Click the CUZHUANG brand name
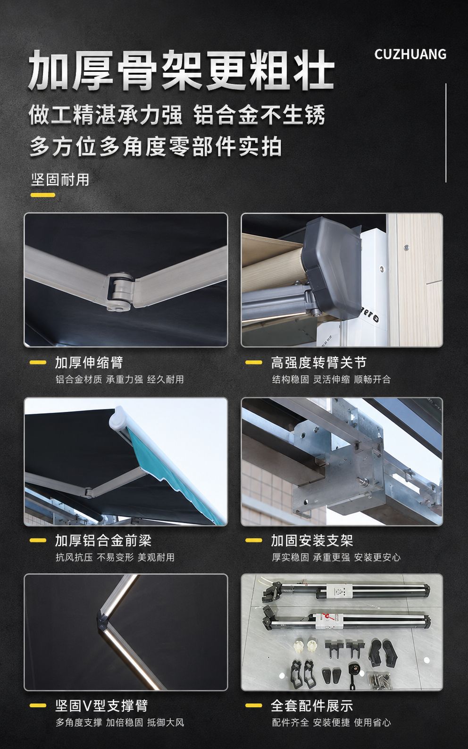point(410,54)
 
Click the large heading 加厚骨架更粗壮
point(181,70)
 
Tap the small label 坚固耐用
point(60,179)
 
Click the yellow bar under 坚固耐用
point(43,195)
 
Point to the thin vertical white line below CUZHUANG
point(446,133)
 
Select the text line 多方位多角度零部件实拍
point(156,146)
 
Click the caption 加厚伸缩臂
point(89,363)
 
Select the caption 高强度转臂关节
point(318,363)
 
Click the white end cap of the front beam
point(118,418)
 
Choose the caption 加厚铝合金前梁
point(103,540)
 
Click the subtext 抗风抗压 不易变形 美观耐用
point(115,557)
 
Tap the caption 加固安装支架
point(312,540)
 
